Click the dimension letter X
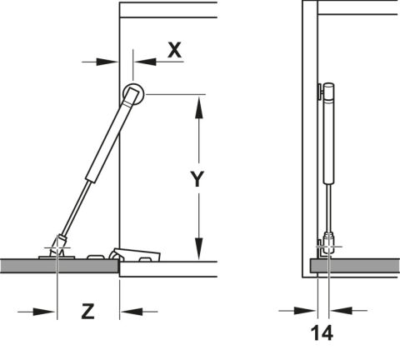(175, 50)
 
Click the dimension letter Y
(197, 179)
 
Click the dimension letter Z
(87, 311)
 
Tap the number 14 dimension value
(322, 332)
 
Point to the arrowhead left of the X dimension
(107, 62)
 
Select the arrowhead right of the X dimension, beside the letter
(145, 62)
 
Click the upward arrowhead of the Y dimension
(198, 107)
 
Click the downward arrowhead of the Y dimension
(198, 248)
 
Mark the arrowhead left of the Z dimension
(44, 312)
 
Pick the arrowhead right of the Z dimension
(132, 312)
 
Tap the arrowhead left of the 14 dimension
(305, 311)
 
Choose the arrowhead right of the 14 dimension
(341, 311)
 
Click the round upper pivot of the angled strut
(133, 94)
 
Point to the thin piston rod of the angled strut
(77, 207)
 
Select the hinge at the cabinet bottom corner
(135, 254)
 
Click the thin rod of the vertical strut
(329, 207)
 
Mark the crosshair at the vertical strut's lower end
(329, 247)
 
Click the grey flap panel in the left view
(59, 266)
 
